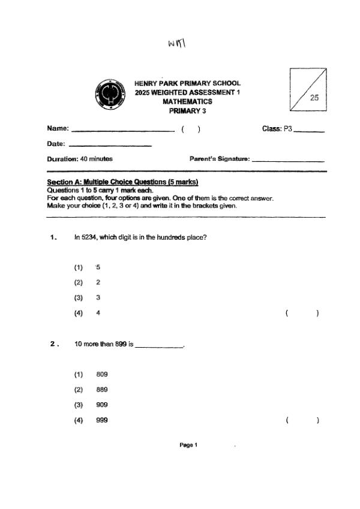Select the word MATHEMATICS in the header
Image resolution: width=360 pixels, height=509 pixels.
pyautogui.click(x=187, y=102)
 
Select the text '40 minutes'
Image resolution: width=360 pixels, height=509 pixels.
pyautogui.click(x=97, y=159)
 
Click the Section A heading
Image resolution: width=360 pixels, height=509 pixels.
pyautogui.click(x=122, y=182)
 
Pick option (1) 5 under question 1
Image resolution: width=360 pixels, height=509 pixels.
pyautogui.click(x=98, y=267)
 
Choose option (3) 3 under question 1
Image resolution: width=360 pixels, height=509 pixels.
pyautogui.click(x=98, y=297)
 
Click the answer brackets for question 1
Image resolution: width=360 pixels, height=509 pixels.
pyautogui.click(x=302, y=313)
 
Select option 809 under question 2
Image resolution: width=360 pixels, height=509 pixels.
pyautogui.click(x=101, y=375)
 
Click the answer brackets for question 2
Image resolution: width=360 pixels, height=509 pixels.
pyautogui.click(x=302, y=420)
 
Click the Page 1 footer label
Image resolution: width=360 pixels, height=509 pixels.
pyautogui.click(x=188, y=445)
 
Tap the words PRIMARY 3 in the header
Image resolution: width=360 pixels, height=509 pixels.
pyautogui.click(x=187, y=111)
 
